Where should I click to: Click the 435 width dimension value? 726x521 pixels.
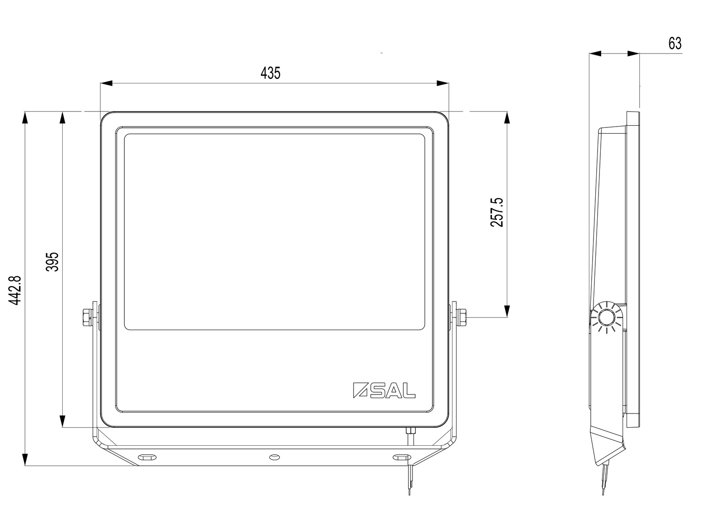point(270,73)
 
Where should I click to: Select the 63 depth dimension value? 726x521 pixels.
point(675,44)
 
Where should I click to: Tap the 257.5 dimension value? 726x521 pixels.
point(496,212)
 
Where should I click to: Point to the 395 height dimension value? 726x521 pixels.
point(52,262)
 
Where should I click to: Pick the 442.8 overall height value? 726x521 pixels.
point(15,291)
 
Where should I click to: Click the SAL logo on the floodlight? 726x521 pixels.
point(384,390)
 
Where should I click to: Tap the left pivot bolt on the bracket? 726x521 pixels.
point(88,317)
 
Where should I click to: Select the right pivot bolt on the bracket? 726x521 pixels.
point(461,317)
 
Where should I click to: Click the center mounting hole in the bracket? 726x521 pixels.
point(275,457)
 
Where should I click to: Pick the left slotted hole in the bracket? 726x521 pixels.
point(147,457)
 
